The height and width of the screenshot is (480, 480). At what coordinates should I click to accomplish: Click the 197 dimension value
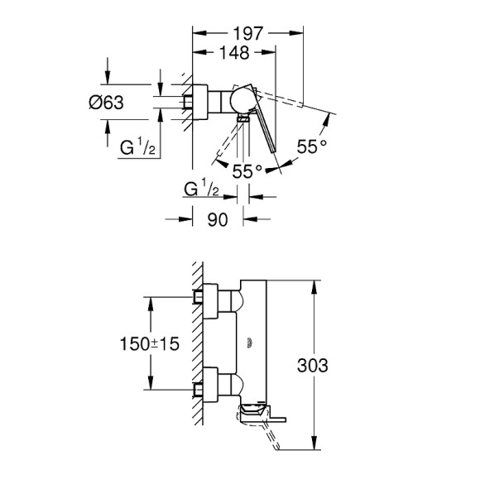(247, 34)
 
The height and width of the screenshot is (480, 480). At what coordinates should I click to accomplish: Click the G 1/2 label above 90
(201, 191)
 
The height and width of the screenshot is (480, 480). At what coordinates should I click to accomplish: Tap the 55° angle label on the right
(313, 147)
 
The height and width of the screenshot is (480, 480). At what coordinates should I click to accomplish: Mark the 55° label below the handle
(247, 171)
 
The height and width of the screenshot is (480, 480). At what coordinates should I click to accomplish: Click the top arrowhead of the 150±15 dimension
(150, 301)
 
